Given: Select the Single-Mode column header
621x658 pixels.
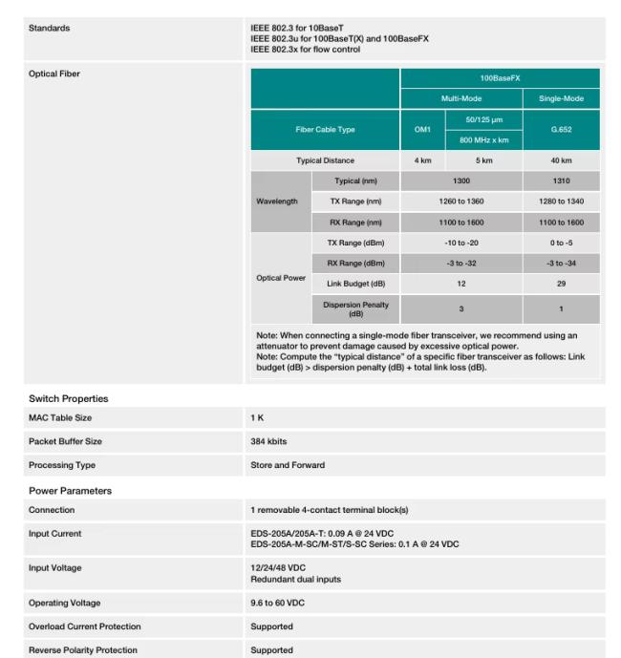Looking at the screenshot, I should coord(562,99).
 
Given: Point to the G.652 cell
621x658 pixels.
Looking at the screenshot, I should coord(562,130).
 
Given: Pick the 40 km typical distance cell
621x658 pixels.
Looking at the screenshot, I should coord(562,160).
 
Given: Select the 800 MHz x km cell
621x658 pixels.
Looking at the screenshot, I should coord(482,140).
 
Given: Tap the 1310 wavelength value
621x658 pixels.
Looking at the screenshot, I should coord(562,181).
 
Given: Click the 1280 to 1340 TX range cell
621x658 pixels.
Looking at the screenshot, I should coord(562,202).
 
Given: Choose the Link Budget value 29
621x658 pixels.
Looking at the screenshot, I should coord(562,284).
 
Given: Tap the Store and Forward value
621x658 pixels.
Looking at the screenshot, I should coord(289,465).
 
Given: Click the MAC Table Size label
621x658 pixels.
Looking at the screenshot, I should coord(60,418).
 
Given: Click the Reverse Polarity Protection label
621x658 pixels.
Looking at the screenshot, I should coord(81,649).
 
